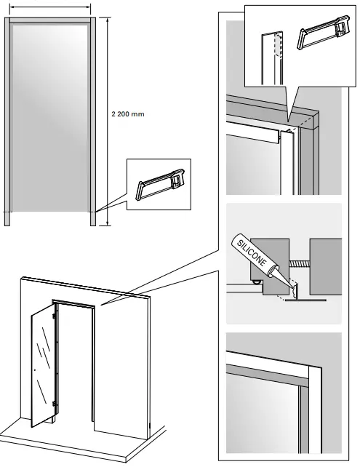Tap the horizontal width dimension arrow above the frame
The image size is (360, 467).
point(50,8)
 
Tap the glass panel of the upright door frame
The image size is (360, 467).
point(50,116)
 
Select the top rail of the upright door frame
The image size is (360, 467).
point(50,20)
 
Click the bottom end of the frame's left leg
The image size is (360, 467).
point(9,218)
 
